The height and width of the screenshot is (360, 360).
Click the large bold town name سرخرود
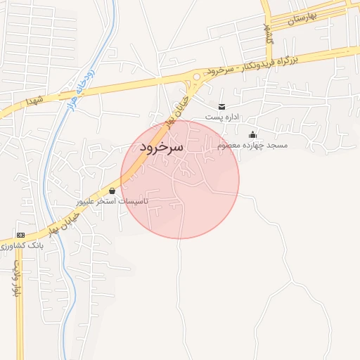[161, 147]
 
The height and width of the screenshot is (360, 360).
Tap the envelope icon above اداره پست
[222, 106]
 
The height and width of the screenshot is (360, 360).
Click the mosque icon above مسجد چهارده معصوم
[253, 134]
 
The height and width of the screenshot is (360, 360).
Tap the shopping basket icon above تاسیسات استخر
[112, 191]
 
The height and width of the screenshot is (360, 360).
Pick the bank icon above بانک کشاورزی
[20, 234]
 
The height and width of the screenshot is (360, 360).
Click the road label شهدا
[35, 102]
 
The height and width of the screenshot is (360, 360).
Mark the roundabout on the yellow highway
[196, 77]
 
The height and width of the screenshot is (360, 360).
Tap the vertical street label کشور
[269, 34]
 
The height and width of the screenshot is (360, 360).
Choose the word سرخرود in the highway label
[220, 72]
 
